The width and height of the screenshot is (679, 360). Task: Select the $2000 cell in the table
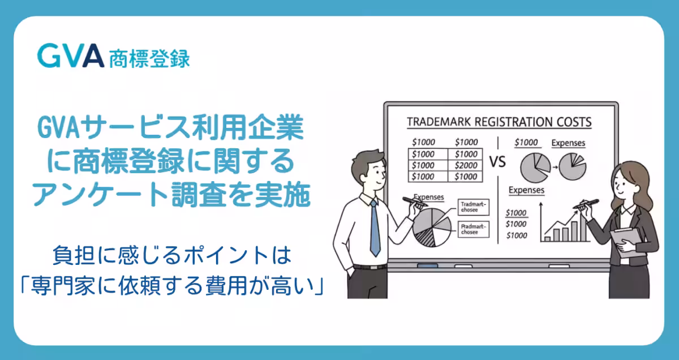(x=466, y=165)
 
